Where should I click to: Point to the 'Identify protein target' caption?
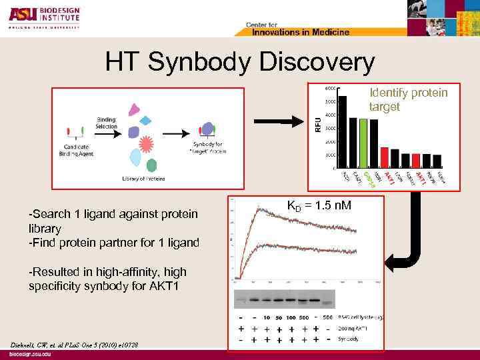point(408,99)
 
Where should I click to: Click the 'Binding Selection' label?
point(106,123)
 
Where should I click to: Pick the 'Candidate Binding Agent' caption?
point(79,150)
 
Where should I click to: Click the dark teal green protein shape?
point(152,165)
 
